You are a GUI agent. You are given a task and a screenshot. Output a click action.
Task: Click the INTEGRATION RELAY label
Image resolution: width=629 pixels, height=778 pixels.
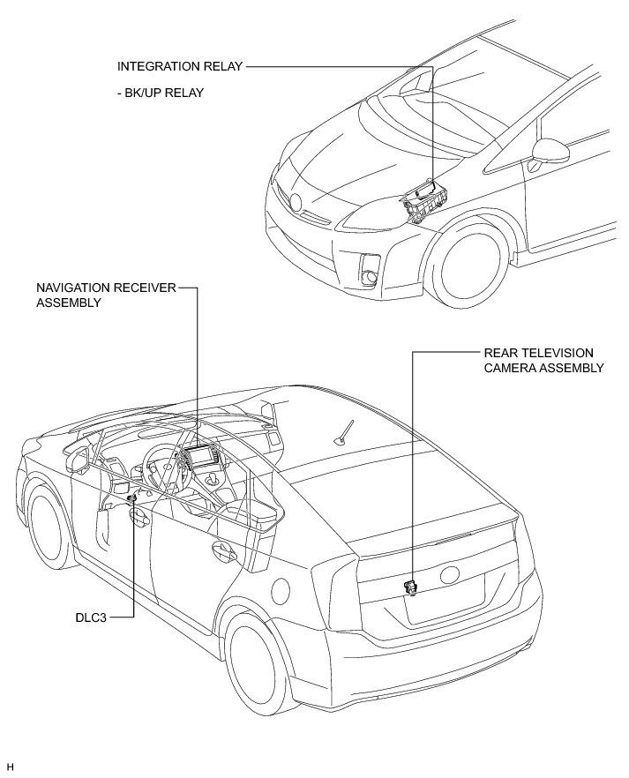tap(179, 66)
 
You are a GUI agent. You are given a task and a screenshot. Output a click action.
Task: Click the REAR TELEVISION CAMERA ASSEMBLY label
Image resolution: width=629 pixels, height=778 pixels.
tap(543, 360)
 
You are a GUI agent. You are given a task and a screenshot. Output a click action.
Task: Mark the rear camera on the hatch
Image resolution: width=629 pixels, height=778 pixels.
tap(410, 586)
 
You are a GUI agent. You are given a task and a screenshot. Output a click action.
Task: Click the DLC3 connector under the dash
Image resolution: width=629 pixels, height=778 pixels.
tap(132, 499)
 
